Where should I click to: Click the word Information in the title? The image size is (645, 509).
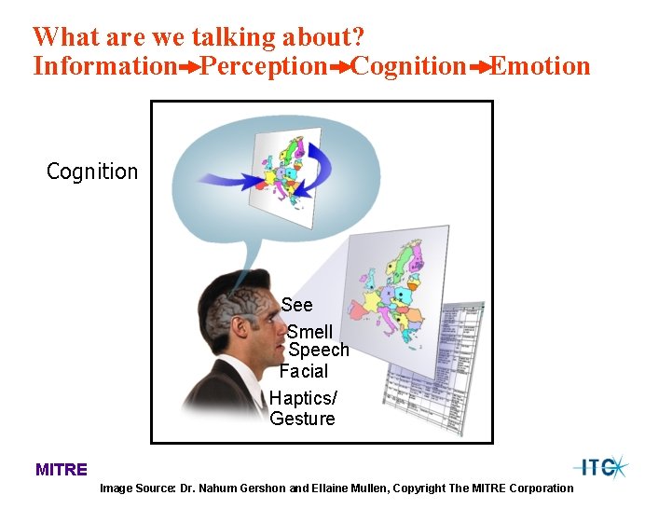103,67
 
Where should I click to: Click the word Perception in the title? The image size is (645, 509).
264,67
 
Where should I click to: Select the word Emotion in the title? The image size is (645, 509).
541,67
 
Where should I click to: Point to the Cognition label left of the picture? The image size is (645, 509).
92,172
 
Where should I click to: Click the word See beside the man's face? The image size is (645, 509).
297,305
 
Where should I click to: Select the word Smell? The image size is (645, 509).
309,332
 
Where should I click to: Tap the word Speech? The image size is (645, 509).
319,351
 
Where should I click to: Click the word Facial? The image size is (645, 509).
304,371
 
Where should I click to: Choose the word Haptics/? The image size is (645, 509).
304,398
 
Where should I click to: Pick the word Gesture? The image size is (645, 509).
302,419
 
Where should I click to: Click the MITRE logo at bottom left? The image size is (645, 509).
62,470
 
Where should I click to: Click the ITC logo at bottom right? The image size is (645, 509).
600,467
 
